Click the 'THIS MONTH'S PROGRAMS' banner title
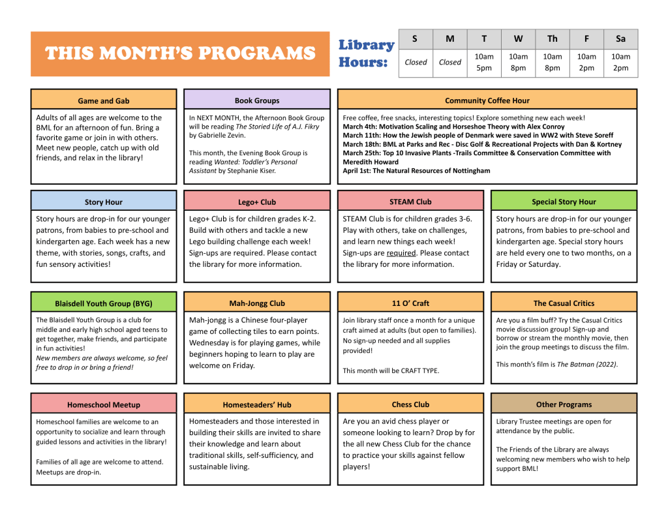(180, 53)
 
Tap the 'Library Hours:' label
(366, 53)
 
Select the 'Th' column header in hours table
(552, 39)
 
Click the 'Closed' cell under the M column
(449, 63)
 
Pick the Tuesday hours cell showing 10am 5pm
(484, 63)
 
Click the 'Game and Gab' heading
(104, 100)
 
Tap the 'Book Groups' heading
(257, 100)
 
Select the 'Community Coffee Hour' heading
(487, 100)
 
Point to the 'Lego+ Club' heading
(257, 202)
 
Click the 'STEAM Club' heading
(410, 202)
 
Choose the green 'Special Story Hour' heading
(564, 202)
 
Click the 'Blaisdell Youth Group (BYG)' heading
(104, 303)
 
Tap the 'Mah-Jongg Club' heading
(257, 303)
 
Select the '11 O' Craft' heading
(410, 303)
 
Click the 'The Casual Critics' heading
(564, 303)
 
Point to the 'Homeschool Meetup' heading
(104, 404)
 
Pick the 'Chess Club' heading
(410, 404)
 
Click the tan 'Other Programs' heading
(564, 404)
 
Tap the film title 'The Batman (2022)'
(586, 365)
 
